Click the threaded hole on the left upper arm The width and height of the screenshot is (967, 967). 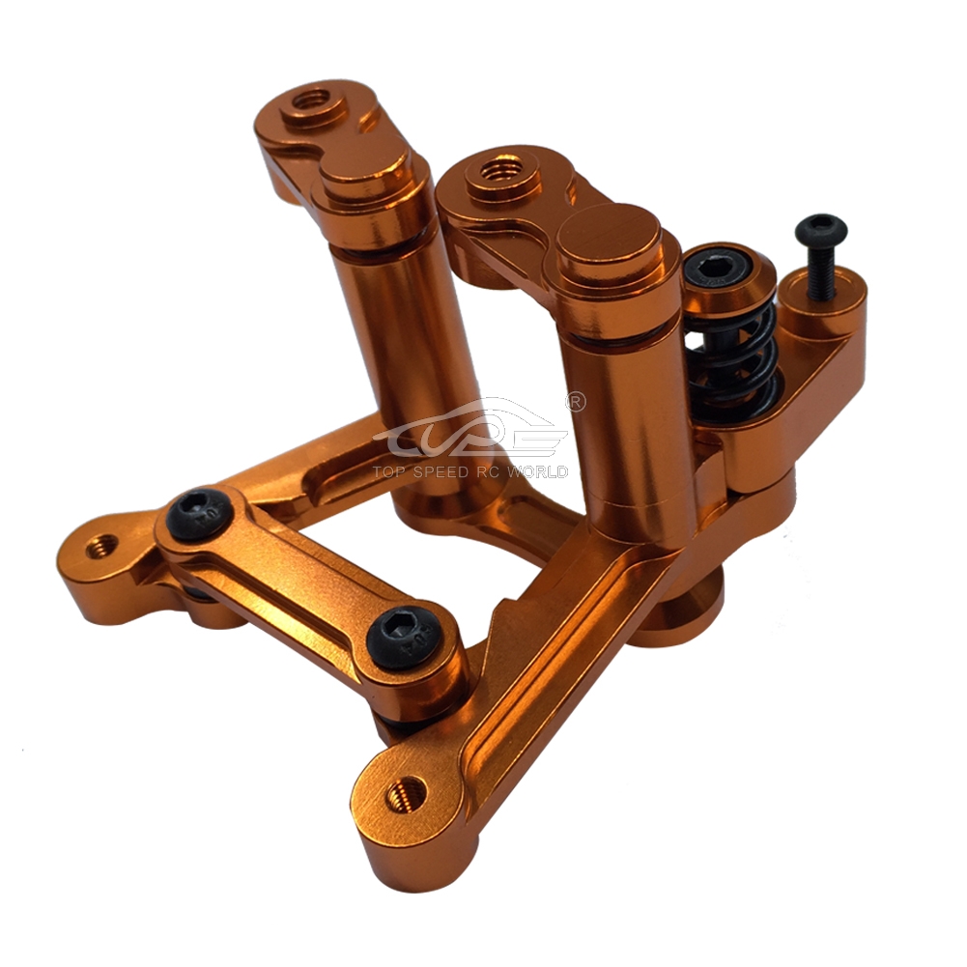coord(313,99)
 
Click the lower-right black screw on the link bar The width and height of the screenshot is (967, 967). coord(405,636)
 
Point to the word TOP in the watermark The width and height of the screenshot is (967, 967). coord(389,472)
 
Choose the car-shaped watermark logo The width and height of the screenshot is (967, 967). coord(470,430)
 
